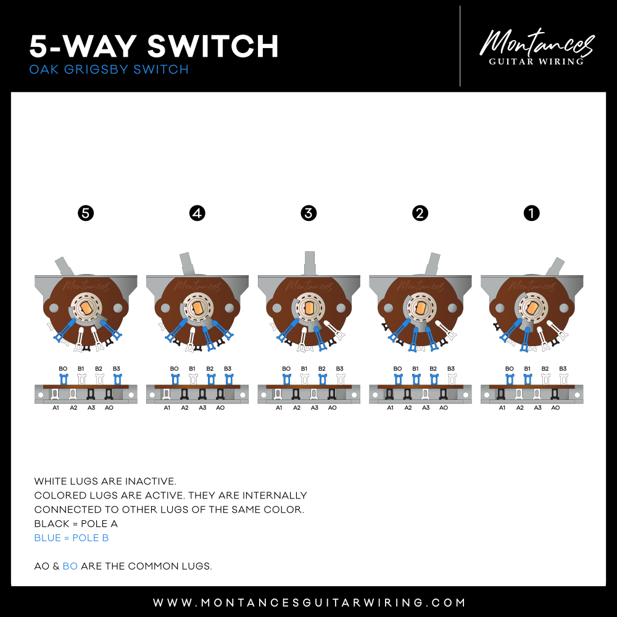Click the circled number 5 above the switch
click(x=86, y=213)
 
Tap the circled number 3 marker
click(x=308, y=213)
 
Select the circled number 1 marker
click(x=532, y=213)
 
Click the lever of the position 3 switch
click(x=310, y=263)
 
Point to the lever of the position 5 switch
click(x=64, y=266)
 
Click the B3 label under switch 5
click(x=117, y=369)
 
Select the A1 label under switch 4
click(x=167, y=408)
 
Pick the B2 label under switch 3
click(x=322, y=369)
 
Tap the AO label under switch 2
click(x=444, y=408)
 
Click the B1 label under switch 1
click(x=528, y=369)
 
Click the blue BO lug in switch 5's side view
click(x=64, y=379)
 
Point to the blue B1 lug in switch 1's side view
click(x=528, y=379)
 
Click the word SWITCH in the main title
click(x=213, y=46)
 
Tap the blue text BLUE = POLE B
click(x=71, y=538)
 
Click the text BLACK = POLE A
click(x=76, y=524)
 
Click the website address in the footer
click(x=309, y=602)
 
